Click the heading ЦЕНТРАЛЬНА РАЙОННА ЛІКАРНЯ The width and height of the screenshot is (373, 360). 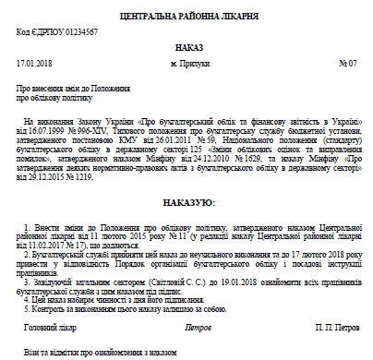[186, 15]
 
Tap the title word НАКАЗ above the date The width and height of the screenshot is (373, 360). [186, 46]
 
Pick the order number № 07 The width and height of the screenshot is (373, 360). [348, 64]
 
